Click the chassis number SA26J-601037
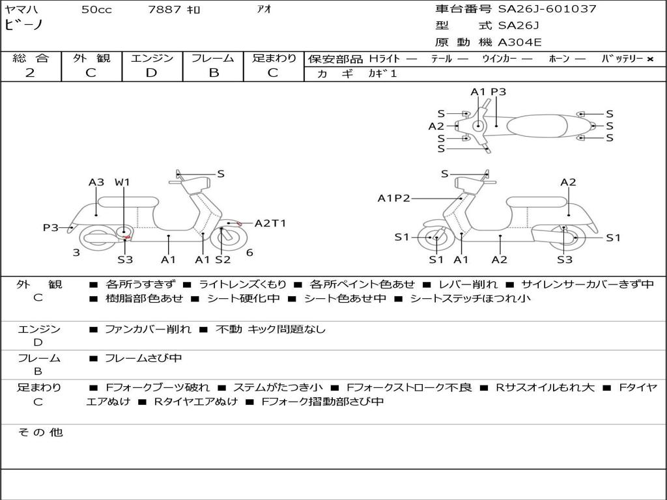547,8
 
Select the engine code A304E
520,42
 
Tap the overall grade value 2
30,73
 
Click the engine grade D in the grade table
151,73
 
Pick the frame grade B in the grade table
214,73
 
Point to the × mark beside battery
650,59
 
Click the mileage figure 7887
165,9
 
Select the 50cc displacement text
96,9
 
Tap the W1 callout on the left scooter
122,182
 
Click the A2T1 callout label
270,223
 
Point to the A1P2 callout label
394,198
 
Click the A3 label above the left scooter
96,182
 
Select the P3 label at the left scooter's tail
51,227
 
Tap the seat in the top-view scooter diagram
537,126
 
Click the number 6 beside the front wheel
249,253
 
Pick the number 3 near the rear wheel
76,253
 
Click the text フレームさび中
143,358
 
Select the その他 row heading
40,432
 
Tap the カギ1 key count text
382,74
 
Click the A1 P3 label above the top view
489,92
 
